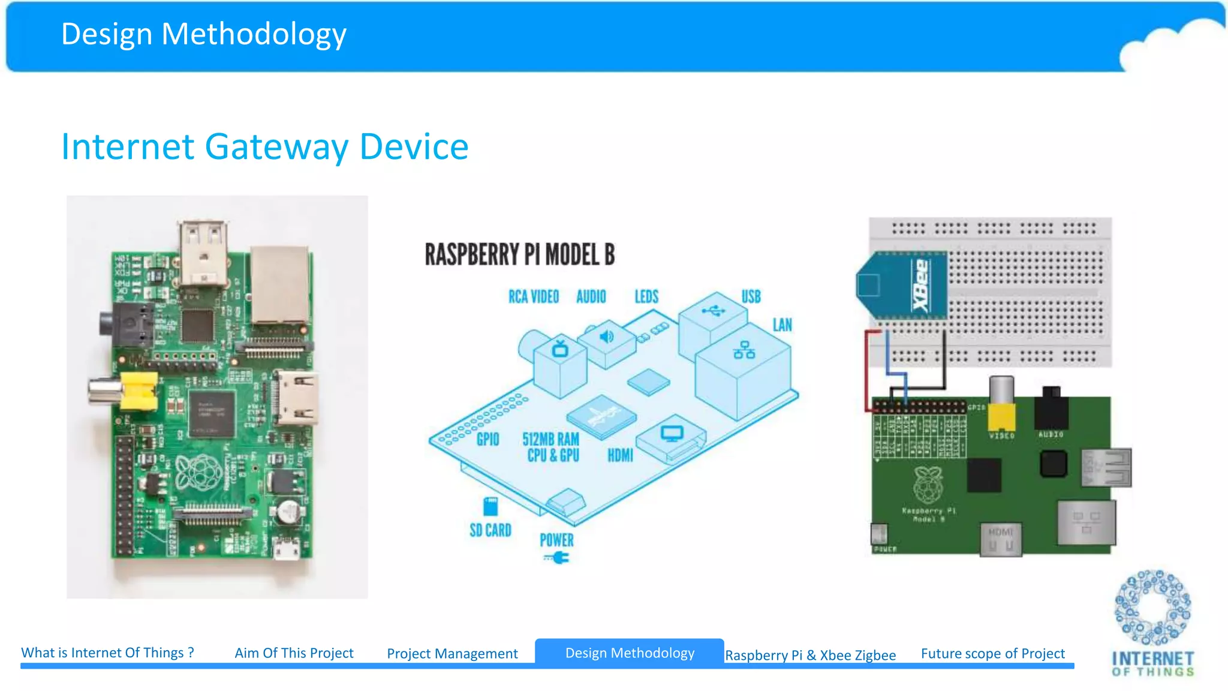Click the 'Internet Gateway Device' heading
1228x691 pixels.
(264, 147)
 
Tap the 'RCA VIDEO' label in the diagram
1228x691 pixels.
(533, 297)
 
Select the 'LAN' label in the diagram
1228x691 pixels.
(782, 325)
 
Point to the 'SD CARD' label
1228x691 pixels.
(490, 530)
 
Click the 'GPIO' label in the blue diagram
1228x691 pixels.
(487, 440)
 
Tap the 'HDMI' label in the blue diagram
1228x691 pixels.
(620, 456)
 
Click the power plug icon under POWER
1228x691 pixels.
(558, 558)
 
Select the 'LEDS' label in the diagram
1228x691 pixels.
(646, 297)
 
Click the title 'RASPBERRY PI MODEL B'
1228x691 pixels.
(519, 254)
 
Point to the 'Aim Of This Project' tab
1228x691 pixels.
(294, 653)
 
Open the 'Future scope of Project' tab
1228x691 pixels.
(992, 654)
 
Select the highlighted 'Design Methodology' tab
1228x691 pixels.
(630, 653)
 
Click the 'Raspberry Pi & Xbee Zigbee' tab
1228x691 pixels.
(810, 655)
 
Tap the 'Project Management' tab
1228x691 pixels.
(452, 654)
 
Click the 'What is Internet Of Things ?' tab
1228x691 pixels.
(108, 653)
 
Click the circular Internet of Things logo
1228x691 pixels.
(1152, 607)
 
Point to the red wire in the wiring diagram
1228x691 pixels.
(866, 372)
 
